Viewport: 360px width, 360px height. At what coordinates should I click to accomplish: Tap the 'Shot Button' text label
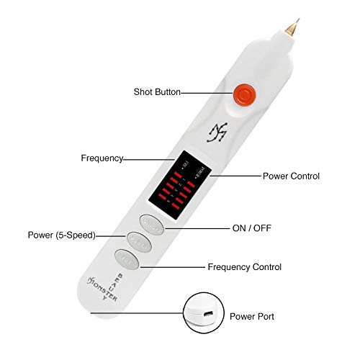pos(157,92)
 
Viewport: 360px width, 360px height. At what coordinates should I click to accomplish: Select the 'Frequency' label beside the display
pos(102,158)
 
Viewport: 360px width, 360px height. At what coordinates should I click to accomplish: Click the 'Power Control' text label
pos(291,176)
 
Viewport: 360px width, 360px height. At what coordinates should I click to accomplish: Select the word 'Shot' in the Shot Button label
pos(143,92)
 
